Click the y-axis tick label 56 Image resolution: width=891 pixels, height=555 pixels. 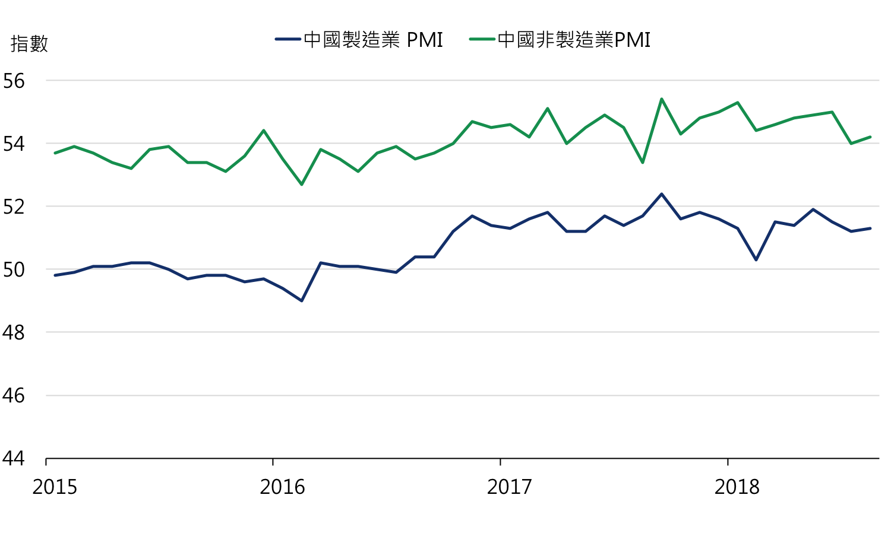coord(14,81)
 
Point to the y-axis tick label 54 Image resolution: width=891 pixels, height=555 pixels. coord(14,144)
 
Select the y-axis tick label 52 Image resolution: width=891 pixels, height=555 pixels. coord(14,207)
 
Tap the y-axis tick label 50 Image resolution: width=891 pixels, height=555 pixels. coord(14,269)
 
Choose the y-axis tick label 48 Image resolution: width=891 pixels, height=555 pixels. coord(14,332)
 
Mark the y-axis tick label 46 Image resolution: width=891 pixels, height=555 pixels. coord(14,395)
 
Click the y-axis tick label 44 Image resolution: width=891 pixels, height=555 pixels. coord(14,458)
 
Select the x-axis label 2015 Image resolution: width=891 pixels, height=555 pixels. coord(55,487)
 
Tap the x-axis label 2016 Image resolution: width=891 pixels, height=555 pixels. coord(282,487)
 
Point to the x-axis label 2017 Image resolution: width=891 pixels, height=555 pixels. coord(509,487)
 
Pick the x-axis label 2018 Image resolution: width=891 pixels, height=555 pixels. coord(737,487)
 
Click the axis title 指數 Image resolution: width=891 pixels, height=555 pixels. coord(29,43)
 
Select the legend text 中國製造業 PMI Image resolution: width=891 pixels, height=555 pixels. coord(373,40)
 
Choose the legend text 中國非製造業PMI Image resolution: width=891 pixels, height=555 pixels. coord(574,40)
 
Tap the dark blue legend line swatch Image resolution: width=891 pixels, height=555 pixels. coord(288,40)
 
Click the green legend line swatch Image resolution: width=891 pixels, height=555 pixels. coord(482,40)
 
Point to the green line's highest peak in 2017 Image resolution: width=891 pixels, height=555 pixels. coord(661,99)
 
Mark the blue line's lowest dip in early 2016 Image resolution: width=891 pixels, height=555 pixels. coord(302,301)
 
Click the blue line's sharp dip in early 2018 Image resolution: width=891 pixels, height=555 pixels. coord(756,260)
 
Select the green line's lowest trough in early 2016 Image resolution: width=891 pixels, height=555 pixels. coord(302,185)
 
